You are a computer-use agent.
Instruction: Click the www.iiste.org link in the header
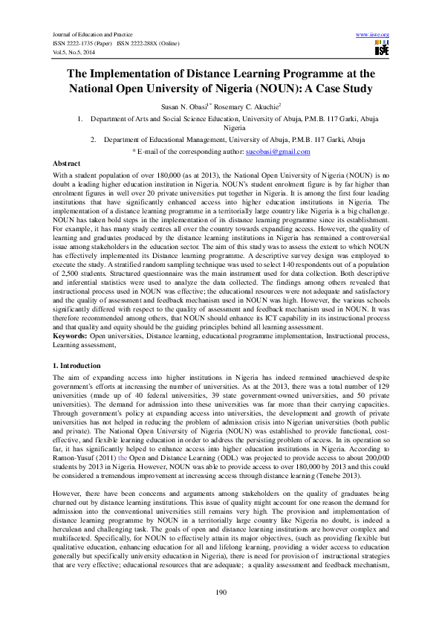373,35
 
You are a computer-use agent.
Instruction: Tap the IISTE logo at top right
382,49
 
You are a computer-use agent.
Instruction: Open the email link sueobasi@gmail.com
278,151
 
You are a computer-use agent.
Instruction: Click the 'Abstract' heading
66,162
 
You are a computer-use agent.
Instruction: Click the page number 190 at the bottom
221,591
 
